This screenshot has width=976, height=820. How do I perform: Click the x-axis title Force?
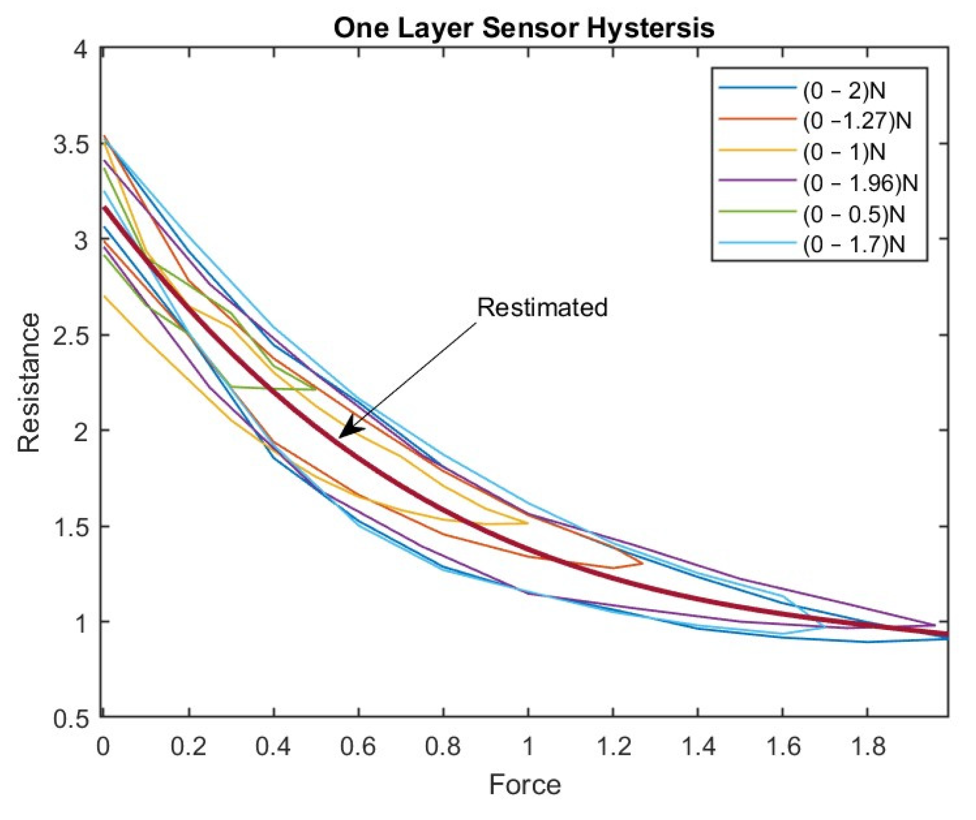pyautogui.click(x=524, y=784)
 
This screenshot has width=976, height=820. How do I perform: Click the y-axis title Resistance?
pyautogui.click(x=29, y=383)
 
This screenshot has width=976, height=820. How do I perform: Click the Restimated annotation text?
pyautogui.click(x=542, y=307)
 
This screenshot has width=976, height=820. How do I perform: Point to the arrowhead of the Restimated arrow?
pyautogui.click(x=341, y=437)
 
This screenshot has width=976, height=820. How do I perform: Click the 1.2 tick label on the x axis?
pyautogui.click(x=613, y=746)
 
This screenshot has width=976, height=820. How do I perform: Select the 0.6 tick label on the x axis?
pyautogui.click(x=359, y=746)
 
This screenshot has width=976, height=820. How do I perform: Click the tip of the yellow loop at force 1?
pyautogui.click(x=528, y=523)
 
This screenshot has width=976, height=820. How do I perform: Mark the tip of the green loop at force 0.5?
pyautogui.click(x=316, y=388)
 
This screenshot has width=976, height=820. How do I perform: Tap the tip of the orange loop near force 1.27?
pyautogui.click(x=642, y=563)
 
